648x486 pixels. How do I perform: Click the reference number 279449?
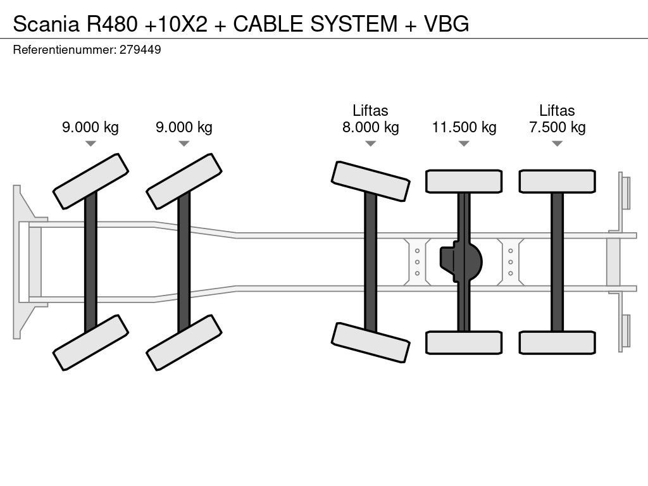[x=140, y=49]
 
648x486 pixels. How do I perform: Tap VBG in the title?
[x=446, y=23]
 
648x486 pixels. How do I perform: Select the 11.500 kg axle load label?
[x=464, y=127]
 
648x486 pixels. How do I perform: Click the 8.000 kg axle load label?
[x=370, y=127]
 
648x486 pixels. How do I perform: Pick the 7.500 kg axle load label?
[x=557, y=127]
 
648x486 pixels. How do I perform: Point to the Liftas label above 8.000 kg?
[x=370, y=110]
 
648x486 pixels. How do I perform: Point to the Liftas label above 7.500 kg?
[x=557, y=110]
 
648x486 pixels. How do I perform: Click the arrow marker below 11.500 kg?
[x=464, y=144]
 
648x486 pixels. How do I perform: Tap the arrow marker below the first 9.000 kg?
[x=90, y=144]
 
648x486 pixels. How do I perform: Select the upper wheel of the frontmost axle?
[x=90, y=181]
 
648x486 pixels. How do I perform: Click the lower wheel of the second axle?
[x=184, y=342]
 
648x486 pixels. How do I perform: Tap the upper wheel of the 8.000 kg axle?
[x=370, y=181]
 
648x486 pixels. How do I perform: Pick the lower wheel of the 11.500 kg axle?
[x=464, y=342]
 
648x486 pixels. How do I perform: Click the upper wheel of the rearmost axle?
[x=557, y=181]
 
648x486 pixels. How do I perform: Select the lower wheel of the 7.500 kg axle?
[x=557, y=342]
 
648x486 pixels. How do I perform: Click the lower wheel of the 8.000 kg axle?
[x=370, y=342]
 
